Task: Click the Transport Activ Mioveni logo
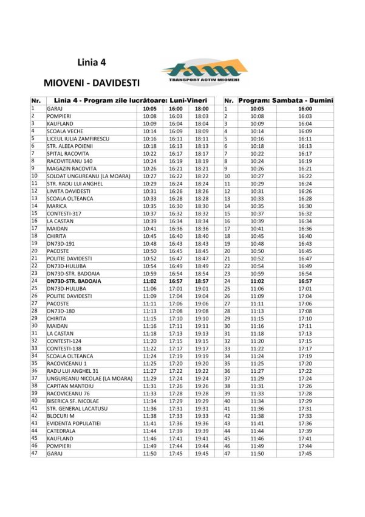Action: coord(204,72)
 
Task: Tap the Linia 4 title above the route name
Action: coord(92,62)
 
